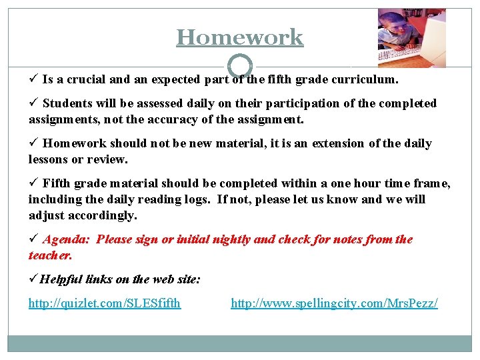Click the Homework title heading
239,37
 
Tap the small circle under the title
240,65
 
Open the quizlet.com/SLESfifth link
105,303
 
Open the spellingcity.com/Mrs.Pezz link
334,303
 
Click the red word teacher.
50,255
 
